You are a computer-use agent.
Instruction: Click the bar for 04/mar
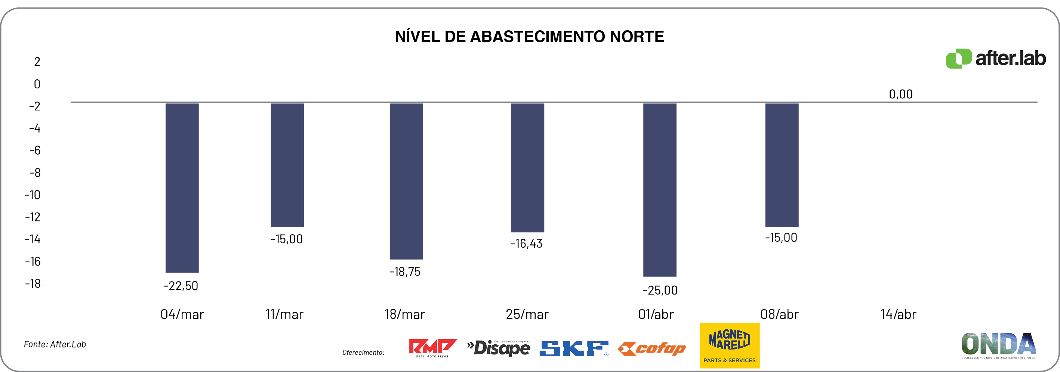pyautogui.click(x=182, y=187)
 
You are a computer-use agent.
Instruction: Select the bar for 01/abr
pyautogui.click(x=660, y=189)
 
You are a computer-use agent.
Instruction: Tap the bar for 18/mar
pyautogui.click(x=406, y=181)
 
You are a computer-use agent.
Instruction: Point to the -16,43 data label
pyautogui.click(x=526, y=244)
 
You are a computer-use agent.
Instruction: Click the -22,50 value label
pyautogui.click(x=181, y=286)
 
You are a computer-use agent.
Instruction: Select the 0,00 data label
pyautogui.click(x=900, y=94)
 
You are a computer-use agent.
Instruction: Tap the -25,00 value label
pyautogui.click(x=660, y=290)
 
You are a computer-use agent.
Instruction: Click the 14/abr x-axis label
pyautogui.click(x=898, y=314)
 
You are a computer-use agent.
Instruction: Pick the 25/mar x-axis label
pyautogui.click(x=527, y=314)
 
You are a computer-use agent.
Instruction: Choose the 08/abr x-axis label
pyautogui.click(x=779, y=314)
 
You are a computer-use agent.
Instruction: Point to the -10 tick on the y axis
pyautogui.click(x=33, y=195)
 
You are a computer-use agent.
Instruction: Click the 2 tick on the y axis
pyautogui.click(x=37, y=62)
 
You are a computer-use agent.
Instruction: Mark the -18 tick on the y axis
pyautogui.click(x=33, y=284)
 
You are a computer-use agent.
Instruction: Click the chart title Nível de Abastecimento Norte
pyautogui.click(x=529, y=37)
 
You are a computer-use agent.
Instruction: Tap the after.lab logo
pyautogui.click(x=995, y=58)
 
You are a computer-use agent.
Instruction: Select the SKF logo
pyautogui.click(x=574, y=348)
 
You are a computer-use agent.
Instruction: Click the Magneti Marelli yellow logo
pyautogui.click(x=729, y=345)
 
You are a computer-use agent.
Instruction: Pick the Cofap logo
pyautogui.click(x=651, y=349)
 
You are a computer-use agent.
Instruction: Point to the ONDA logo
pyautogui.click(x=998, y=345)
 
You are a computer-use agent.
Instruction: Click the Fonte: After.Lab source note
pyautogui.click(x=55, y=344)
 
